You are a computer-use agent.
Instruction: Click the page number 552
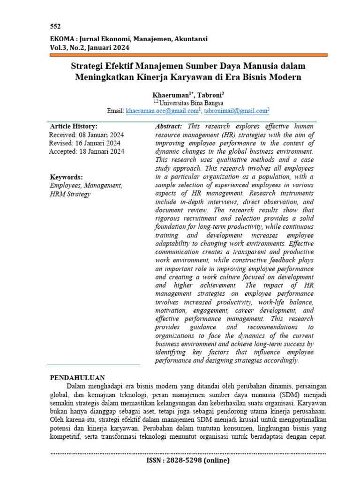point(55,26)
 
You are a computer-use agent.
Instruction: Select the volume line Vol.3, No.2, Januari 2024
point(90,47)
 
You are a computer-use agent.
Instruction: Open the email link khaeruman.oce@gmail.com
point(162,111)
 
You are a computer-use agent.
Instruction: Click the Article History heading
point(74,127)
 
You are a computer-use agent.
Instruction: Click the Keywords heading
point(66,177)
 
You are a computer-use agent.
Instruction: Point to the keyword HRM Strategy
point(70,194)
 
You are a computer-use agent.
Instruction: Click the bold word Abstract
point(168,127)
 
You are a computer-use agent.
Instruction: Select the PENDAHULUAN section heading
point(77,377)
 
